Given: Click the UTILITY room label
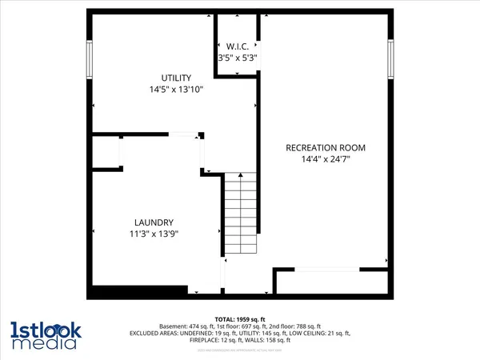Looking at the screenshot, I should point(174,78).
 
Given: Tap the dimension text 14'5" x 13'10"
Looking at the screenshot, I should point(174,90).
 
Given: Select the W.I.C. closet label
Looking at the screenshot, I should point(238,46).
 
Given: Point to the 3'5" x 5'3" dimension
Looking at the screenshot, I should point(238,58).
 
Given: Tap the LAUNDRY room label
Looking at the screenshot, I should point(154,222).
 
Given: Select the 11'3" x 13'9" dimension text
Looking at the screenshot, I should point(154,234).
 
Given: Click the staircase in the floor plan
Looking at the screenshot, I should point(238,214).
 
